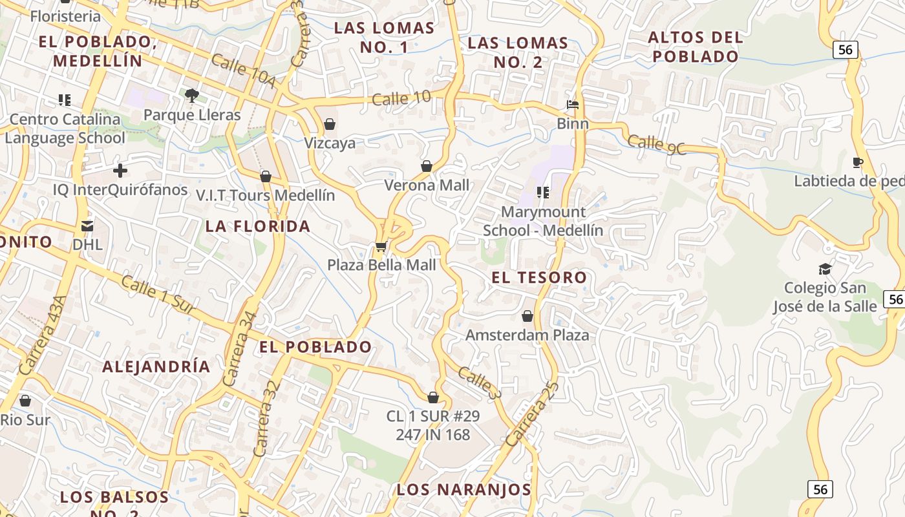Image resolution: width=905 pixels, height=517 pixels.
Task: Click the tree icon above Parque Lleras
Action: pyautogui.click(x=191, y=96)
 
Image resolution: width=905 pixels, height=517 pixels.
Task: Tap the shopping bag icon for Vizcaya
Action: pyautogui.click(x=330, y=123)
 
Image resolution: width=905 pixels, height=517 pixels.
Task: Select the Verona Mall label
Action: pyautogui.click(x=427, y=185)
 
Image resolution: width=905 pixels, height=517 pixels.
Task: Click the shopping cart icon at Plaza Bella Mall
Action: pyautogui.click(x=381, y=246)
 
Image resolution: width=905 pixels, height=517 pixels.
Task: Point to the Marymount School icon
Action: pyautogui.click(x=543, y=192)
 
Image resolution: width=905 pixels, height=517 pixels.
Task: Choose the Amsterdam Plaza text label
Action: pyautogui.click(x=527, y=335)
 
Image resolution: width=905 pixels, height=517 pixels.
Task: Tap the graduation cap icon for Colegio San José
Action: pyautogui.click(x=825, y=269)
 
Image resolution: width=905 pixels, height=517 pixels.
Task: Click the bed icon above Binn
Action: pyautogui.click(x=573, y=104)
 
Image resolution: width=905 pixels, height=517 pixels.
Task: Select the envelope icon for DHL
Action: pyautogui.click(x=87, y=226)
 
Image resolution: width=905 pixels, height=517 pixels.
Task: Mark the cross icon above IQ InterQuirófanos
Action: pyautogui.click(x=120, y=171)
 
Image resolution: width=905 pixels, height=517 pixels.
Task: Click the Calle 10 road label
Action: pyautogui.click(x=401, y=98)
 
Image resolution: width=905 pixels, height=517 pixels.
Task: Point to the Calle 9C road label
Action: pyautogui.click(x=656, y=144)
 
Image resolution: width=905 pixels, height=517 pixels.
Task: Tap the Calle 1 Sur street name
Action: pyautogui.click(x=158, y=295)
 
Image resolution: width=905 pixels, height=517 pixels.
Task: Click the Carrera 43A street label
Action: pyautogui.click(x=43, y=335)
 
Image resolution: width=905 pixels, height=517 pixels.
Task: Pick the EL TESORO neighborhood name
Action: pyautogui.click(x=539, y=278)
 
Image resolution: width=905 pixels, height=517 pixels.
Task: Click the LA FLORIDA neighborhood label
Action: pyautogui.click(x=258, y=226)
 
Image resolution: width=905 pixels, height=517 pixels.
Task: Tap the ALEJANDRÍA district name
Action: pyautogui.click(x=156, y=366)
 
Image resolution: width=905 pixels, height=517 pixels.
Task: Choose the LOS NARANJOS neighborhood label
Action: pyautogui.click(x=463, y=489)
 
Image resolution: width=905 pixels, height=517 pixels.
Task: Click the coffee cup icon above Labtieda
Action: pyautogui.click(x=858, y=162)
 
